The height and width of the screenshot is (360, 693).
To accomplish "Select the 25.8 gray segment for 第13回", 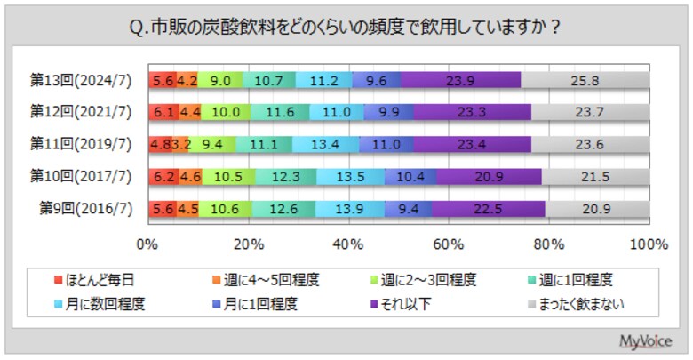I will click(x=585, y=80).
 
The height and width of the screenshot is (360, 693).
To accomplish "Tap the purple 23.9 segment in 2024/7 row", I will click(x=460, y=80).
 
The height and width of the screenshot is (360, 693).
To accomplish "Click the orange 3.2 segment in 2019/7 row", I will click(x=179, y=143).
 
